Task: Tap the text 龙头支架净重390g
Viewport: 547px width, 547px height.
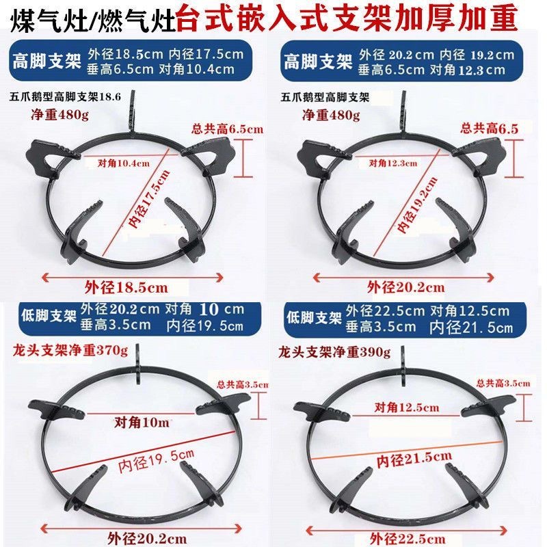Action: [x=334, y=353]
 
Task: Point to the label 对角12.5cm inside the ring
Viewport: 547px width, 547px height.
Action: [x=407, y=407]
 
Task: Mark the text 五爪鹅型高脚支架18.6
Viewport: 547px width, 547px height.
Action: [x=66, y=98]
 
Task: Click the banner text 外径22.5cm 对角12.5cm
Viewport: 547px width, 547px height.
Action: [x=427, y=311]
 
